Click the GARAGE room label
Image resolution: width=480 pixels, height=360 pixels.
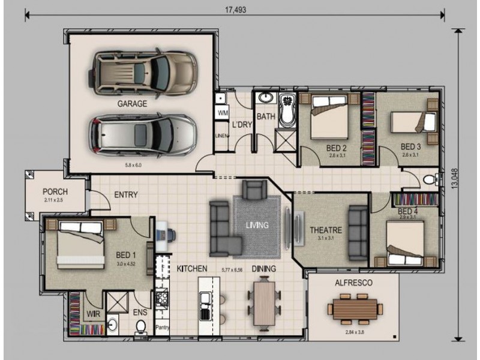[x=132, y=104]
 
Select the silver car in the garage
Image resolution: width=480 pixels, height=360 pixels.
[x=142, y=135]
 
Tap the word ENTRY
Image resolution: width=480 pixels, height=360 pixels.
[x=125, y=194]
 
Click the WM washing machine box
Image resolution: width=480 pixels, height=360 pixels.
[x=223, y=113]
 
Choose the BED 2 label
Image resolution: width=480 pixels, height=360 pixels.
[x=337, y=147]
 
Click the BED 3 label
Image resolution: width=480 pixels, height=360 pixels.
[x=411, y=146]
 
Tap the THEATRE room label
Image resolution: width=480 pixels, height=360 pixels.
[x=325, y=230]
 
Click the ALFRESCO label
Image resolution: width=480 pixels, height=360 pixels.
[x=354, y=282]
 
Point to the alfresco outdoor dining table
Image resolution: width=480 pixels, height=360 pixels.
[x=355, y=310]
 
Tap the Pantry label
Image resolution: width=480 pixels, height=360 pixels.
[x=162, y=327]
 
